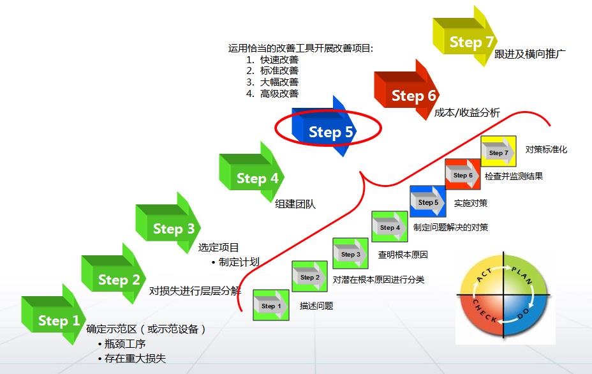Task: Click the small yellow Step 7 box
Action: point(498,153)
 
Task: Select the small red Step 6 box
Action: point(463,175)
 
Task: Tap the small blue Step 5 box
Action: point(427,202)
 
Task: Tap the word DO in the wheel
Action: point(522,313)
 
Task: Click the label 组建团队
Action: point(295,204)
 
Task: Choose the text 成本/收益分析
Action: point(467,113)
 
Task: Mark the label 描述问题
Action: point(316,306)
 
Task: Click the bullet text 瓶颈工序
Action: point(126,345)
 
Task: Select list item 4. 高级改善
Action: point(274,93)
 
